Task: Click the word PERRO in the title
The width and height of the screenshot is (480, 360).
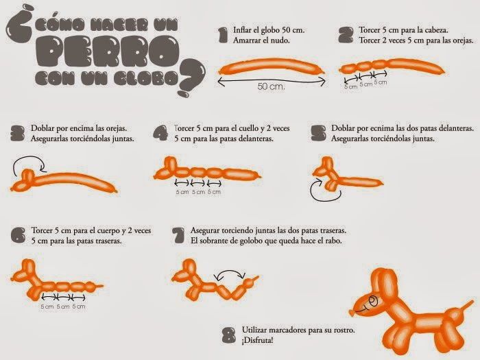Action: click(x=107, y=51)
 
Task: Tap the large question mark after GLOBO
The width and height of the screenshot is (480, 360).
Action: click(x=191, y=77)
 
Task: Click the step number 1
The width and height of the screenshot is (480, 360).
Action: click(x=223, y=35)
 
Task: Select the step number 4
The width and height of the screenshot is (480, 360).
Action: click(x=160, y=133)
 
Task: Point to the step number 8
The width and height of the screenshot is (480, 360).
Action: click(x=229, y=335)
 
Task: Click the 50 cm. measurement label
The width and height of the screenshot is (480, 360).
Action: click(x=271, y=86)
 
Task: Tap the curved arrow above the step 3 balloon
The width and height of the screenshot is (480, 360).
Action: click(x=29, y=164)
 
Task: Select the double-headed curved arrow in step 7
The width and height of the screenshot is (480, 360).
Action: click(x=230, y=272)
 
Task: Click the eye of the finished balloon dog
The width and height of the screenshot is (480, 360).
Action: click(x=374, y=300)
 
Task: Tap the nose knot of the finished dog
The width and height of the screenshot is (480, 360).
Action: click(x=352, y=312)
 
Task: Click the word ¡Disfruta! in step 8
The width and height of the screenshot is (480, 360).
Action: click(x=257, y=340)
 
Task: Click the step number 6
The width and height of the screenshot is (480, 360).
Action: click(x=19, y=235)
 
